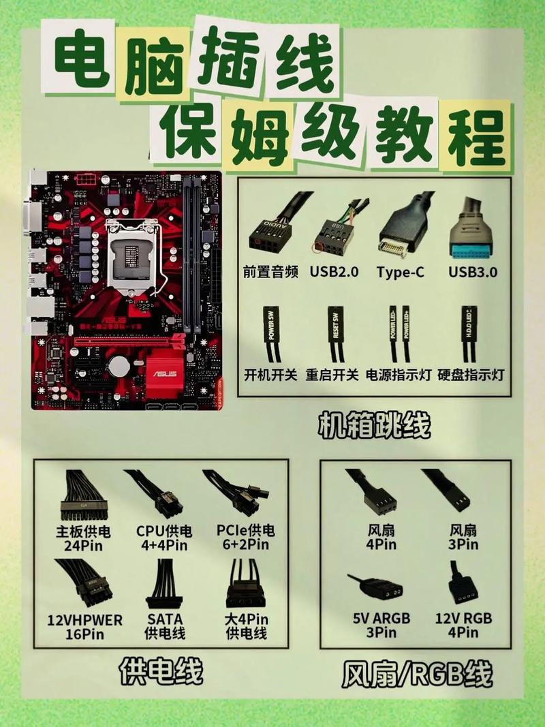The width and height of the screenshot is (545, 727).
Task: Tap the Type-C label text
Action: (401, 272)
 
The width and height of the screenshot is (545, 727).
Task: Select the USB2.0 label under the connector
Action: (334, 272)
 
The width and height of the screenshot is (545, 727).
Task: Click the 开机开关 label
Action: (270, 374)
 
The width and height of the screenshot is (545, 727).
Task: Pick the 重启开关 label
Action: (332, 374)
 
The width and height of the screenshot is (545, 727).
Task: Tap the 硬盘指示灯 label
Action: (471, 374)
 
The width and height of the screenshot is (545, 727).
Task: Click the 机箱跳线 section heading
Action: (374, 426)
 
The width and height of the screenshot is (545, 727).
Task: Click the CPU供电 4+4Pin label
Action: (164, 538)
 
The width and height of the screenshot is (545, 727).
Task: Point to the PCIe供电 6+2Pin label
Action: (246, 538)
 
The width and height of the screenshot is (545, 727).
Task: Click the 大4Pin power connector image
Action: (245, 585)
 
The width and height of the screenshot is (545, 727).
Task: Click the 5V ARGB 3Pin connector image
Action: (375, 587)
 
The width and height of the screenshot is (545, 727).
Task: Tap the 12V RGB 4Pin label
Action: (463, 625)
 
